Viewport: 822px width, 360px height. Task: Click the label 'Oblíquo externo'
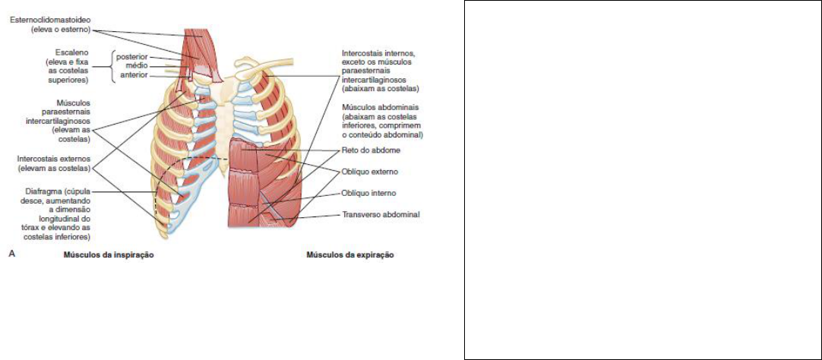click(x=370, y=172)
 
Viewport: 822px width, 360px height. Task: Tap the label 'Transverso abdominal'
click(x=381, y=215)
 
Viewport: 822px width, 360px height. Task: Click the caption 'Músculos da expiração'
click(x=350, y=255)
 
